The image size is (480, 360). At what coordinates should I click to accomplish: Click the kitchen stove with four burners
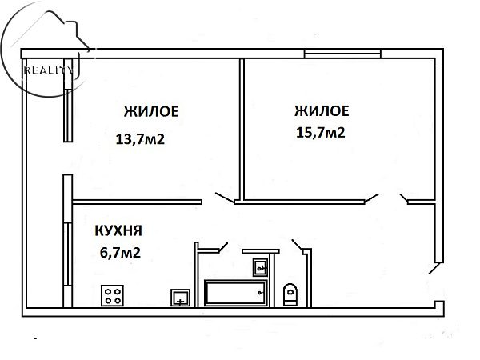pos(112,295)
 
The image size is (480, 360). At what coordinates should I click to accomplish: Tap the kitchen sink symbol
pos(180,298)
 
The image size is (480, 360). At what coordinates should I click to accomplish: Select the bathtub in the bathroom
pos(236,293)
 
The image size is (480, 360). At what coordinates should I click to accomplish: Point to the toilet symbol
pos(290,294)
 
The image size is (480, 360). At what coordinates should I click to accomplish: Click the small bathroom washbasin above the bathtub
pos(260,267)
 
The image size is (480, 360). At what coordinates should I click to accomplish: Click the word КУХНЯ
pos(118,231)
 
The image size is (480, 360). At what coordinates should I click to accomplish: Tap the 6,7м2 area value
pos(120,253)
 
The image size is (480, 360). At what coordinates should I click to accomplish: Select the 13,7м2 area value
pos(140,139)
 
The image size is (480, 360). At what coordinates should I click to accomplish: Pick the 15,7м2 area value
pos(321,133)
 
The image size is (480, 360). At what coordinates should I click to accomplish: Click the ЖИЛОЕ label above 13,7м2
pos(151,111)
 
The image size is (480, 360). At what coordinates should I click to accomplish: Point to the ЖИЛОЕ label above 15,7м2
pos(322,111)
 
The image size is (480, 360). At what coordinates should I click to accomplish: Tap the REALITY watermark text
pos(49,70)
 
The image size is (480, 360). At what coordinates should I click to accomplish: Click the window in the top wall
pos(342,54)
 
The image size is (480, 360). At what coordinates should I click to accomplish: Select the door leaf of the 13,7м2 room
pos(225,198)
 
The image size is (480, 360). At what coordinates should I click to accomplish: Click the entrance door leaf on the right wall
pos(434,268)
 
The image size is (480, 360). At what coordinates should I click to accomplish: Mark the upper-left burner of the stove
pos(108,292)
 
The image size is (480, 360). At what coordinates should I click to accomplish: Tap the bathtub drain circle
pos(260,293)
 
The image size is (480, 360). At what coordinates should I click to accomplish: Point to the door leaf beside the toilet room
pos(298,245)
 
